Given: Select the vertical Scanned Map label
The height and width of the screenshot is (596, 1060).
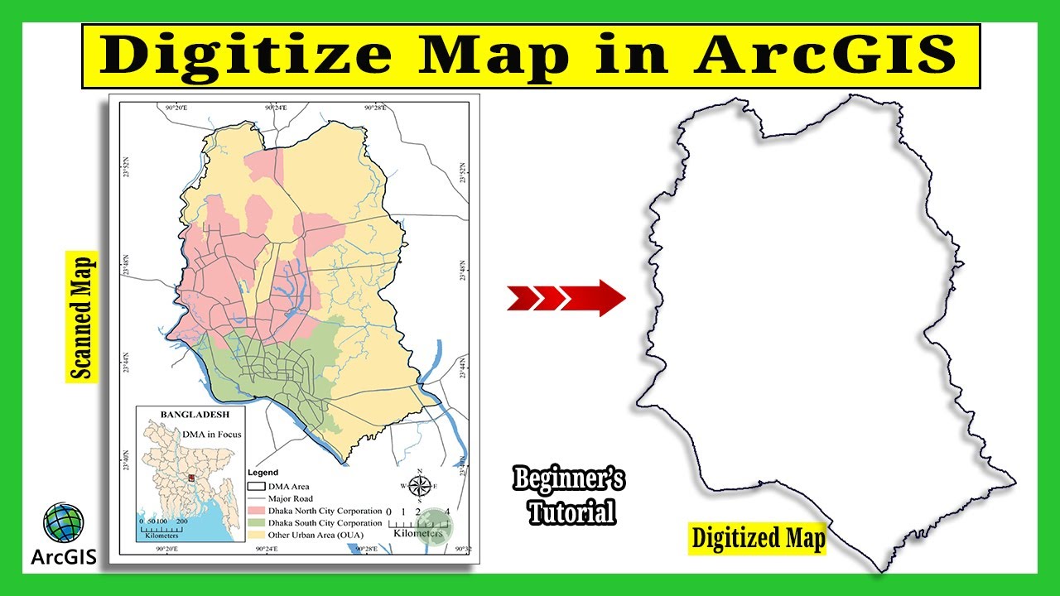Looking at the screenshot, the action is coord(82,317).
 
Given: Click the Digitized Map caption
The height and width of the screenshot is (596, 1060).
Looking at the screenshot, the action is coord(759,539).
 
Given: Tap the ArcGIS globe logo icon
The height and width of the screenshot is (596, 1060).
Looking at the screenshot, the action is coord(64,524).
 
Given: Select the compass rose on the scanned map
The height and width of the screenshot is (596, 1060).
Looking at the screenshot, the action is coord(420,485).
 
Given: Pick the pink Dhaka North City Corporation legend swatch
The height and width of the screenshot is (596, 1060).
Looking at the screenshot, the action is coord(255,512).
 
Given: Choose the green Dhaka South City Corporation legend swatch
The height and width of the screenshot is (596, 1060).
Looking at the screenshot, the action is coord(255,523).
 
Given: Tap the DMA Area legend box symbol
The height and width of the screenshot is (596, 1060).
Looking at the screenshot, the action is coord(255,487).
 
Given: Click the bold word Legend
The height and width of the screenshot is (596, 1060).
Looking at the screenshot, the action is coord(263,473).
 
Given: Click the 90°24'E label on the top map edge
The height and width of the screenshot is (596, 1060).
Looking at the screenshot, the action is coord(275,108).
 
